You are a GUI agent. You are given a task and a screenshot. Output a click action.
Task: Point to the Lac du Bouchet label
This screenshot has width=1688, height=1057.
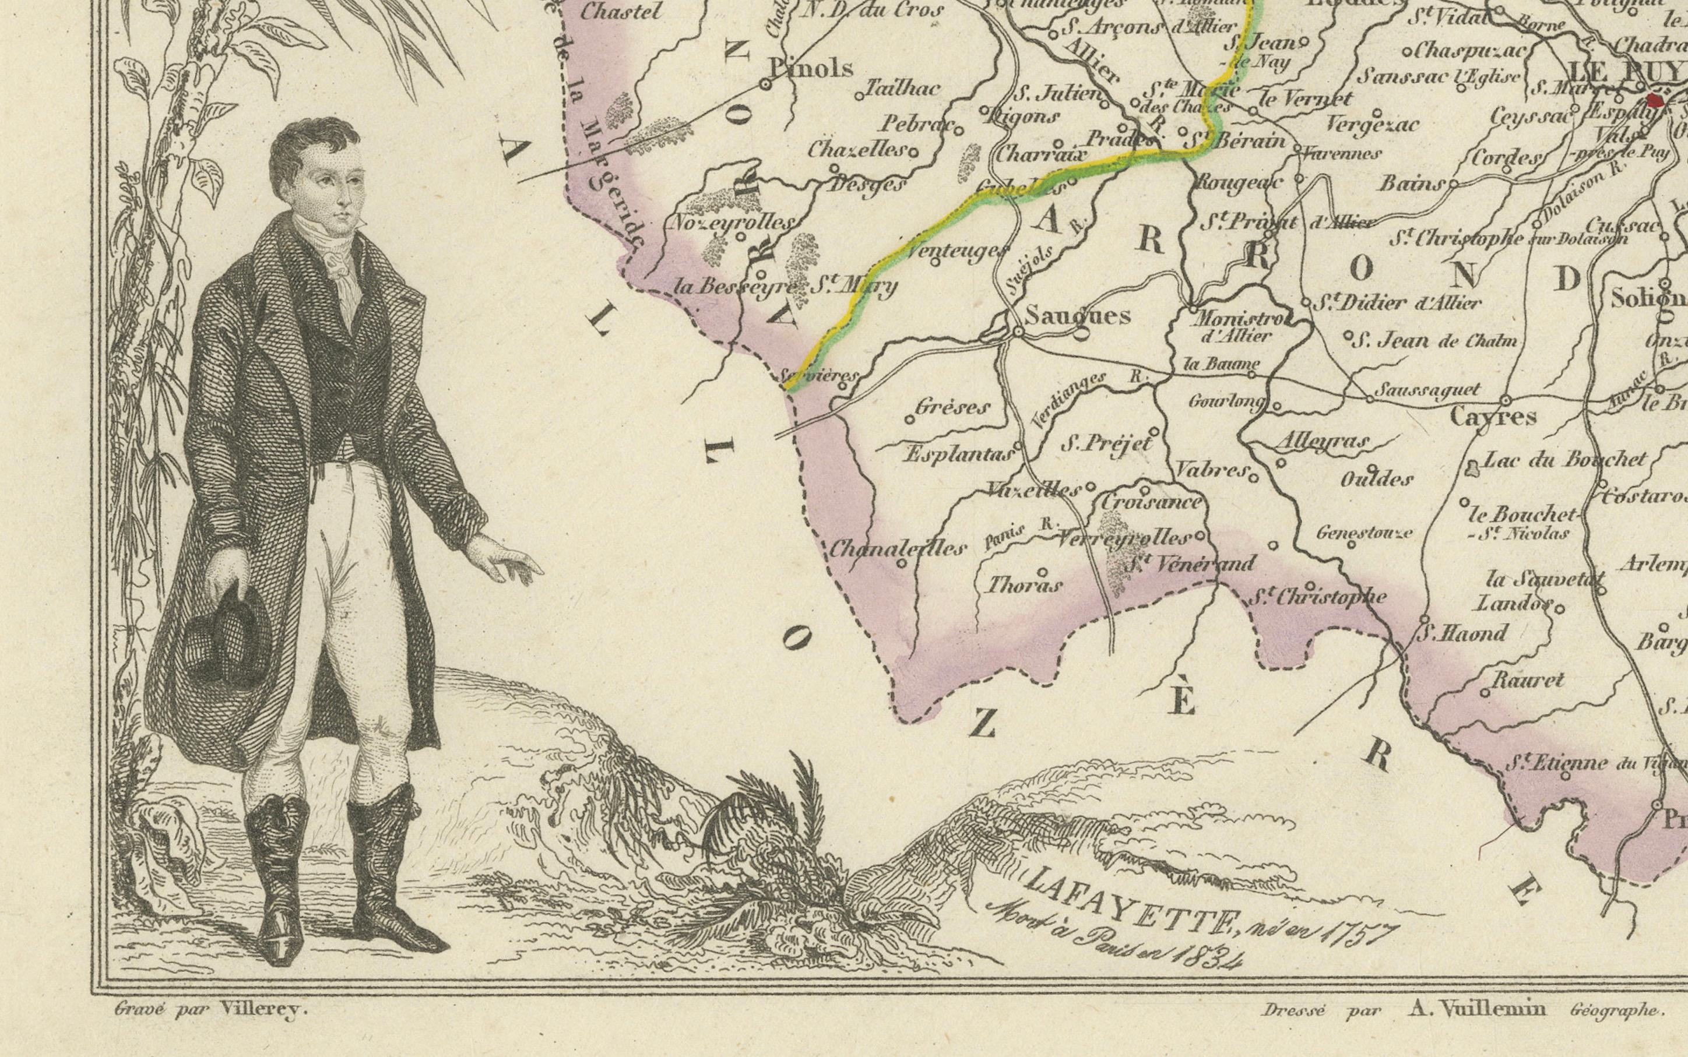tap(1564, 459)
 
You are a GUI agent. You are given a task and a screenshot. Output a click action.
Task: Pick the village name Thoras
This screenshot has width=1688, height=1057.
tap(1024, 584)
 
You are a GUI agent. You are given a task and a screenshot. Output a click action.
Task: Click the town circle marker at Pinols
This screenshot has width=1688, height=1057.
tap(766, 84)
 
